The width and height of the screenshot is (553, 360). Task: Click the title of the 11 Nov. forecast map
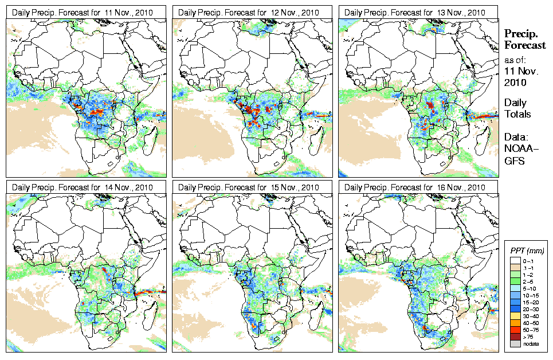[83, 12]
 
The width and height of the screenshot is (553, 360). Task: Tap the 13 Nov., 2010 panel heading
[415, 12]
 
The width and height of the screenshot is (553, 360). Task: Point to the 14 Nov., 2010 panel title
[83, 187]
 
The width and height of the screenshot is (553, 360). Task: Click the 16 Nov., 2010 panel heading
[415, 187]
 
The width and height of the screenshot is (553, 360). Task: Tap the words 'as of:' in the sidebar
[515, 60]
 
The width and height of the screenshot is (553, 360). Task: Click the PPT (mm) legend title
[527, 251]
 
